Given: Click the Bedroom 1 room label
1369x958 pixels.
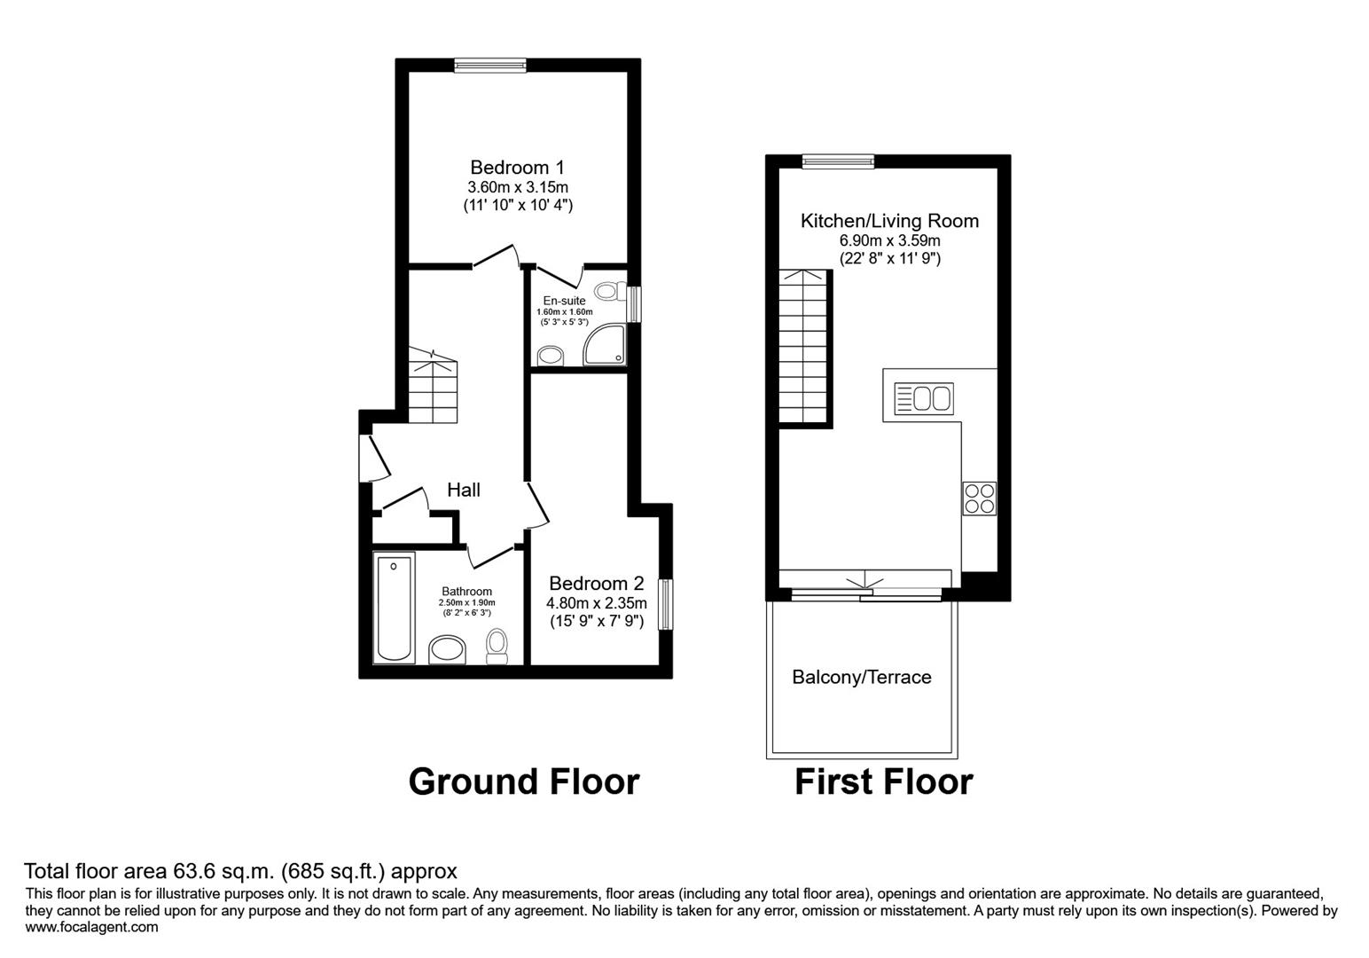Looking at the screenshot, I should [x=517, y=167].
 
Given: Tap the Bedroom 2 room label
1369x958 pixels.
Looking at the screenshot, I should [x=596, y=583].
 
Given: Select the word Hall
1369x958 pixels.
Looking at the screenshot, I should [x=464, y=490].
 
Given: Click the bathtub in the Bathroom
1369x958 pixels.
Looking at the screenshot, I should [x=394, y=608].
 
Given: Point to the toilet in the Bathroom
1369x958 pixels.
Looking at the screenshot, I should [x=497, y=647].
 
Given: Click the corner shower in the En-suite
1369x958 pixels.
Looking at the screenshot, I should [x=606, y=344].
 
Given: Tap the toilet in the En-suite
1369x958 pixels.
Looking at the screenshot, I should [x=606, y=290].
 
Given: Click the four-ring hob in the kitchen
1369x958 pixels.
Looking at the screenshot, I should [x=979, y=498].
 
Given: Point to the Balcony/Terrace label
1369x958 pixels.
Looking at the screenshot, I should [x=861, y=677].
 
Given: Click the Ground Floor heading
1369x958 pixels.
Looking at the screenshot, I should [x=523, y=781].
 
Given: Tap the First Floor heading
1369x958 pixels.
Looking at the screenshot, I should [x=883, y=781].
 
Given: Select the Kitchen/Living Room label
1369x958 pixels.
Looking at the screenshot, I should [x=889, y=221].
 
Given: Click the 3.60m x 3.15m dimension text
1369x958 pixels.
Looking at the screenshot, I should [x=518, y=187].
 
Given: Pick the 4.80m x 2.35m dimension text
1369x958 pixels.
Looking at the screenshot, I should [x=596, y=603].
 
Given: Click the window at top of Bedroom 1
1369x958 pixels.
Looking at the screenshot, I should [x=489, y=64].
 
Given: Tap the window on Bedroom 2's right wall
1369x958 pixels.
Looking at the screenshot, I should [x=665, y=605].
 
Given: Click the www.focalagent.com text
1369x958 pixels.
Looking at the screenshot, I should [x=91, y=927].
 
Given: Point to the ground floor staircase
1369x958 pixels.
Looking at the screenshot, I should [x=433, y=390].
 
